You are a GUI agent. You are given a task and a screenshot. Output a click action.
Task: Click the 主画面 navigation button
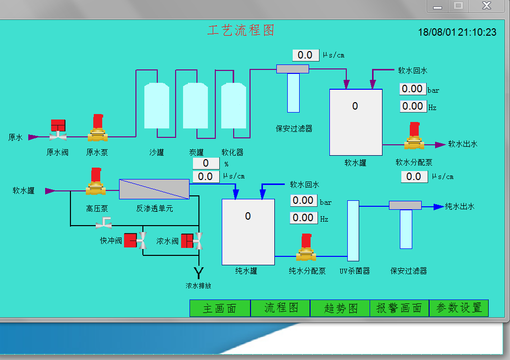point(220,308)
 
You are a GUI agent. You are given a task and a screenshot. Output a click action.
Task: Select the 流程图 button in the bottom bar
point(281,308)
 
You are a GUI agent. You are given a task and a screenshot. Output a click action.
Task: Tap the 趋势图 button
point(340,308)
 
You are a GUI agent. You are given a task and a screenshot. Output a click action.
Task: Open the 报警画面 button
point(399,308)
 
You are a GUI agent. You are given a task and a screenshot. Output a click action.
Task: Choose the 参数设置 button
point(459,308)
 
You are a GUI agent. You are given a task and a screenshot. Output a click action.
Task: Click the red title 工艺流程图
point(241,31)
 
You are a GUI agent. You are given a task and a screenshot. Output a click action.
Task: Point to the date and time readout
point(457,32)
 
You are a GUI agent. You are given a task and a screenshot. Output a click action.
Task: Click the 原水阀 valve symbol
point(58,130)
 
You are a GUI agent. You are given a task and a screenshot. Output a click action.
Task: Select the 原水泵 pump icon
point(97,128)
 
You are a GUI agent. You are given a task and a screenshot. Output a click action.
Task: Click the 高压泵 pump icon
point(96,182)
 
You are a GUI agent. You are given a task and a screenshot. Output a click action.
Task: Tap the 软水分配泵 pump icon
point(414,136)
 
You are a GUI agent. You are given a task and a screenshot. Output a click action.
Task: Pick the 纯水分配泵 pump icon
point(306,247)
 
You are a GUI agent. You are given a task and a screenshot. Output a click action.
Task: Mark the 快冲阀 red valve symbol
point(135,240)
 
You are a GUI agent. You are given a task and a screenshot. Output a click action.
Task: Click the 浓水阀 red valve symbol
point(192,240)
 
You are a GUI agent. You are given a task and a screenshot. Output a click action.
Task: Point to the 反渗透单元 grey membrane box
point(154,189)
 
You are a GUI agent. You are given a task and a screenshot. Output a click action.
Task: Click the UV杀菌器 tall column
point(353,231)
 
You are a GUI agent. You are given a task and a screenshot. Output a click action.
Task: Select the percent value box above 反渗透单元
point(206,163)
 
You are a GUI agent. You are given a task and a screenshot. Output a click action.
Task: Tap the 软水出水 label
point(462,144)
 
